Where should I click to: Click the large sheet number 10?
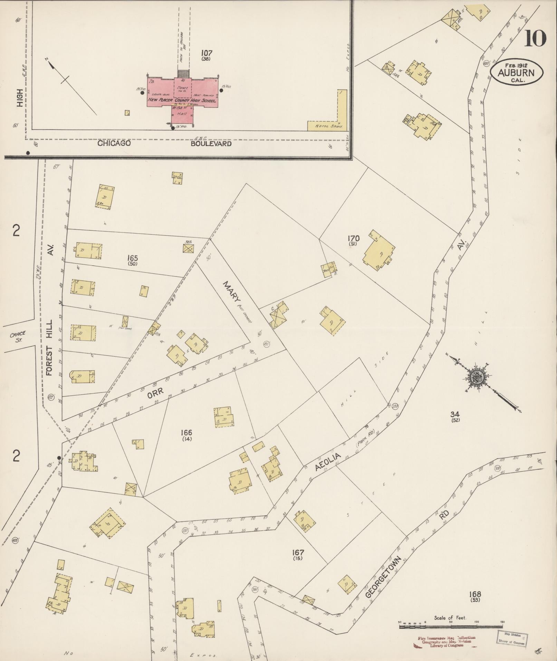pyautogui.click(x=535, y=38)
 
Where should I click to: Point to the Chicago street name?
pyautogui.click(x=114, y=143)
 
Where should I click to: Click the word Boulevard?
pyautogui.click(x=211, y=143)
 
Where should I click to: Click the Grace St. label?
pyautogui.click(x=18, y=337)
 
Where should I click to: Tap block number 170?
pyautogui.click(x=354, y=238)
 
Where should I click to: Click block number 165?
pyautogui.click(x=132, y=258)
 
